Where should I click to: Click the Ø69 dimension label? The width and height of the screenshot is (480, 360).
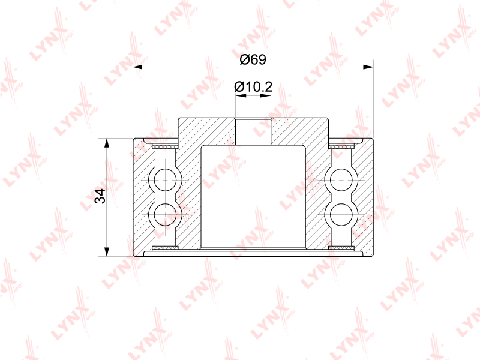click(253, 59)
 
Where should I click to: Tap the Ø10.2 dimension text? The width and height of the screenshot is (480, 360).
click(253, 87)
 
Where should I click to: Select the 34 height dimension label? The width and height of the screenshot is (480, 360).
click(100, 196)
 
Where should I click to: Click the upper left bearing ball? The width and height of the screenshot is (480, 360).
click(165, 179)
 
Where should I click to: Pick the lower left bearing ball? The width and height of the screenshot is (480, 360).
click(165, 214)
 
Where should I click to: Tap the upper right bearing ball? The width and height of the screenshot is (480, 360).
click(341, 179)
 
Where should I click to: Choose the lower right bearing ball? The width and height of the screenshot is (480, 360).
click(341, 214)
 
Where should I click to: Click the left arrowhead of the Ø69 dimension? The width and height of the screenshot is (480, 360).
click(138, 67)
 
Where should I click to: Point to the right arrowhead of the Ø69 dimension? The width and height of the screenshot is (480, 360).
click(368, 67)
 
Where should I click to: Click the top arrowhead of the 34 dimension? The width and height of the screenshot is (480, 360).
click(107, 143)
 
